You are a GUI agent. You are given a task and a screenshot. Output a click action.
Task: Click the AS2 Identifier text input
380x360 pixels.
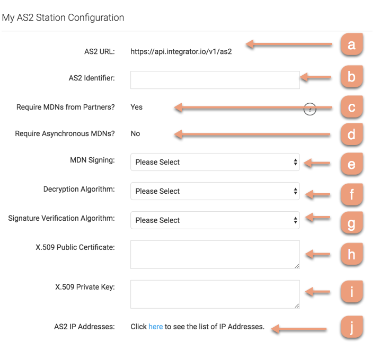point(215,80)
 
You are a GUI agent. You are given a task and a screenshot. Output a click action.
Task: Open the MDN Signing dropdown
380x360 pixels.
point(215,162)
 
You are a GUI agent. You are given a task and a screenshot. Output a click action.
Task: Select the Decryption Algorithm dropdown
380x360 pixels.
point(215,191)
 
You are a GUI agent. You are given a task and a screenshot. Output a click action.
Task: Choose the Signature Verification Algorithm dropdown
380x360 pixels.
point(215,220)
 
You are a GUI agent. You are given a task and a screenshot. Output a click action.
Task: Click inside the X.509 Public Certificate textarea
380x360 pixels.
point(215,255)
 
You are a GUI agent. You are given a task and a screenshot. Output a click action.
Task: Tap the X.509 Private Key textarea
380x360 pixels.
point(215,294)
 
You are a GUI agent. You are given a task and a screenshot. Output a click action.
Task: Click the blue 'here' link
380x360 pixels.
point(155,327)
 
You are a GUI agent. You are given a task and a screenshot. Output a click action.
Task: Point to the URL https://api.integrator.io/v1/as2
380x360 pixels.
point(181,52)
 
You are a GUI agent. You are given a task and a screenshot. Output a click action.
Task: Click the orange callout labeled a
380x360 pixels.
point(351,45)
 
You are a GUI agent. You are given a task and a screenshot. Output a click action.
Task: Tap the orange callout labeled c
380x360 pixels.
point(351,107)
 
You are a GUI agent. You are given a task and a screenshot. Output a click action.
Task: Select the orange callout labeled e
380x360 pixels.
point(351,164)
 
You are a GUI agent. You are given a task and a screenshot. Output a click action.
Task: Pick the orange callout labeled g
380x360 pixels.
point(351,223)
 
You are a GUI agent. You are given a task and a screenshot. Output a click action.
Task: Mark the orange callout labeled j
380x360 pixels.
point(351,327)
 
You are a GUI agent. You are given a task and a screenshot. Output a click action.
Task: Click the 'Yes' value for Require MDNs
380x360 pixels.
point(137,107)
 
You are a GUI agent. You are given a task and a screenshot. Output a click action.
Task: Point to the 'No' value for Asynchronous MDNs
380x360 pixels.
point(135,133)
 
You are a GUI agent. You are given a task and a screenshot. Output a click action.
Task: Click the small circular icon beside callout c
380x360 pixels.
point(310,110)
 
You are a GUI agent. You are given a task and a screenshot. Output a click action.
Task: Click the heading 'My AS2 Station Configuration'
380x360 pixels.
point(63,17)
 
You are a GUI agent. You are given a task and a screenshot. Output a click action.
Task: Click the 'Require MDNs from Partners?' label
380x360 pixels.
point(66,107)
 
